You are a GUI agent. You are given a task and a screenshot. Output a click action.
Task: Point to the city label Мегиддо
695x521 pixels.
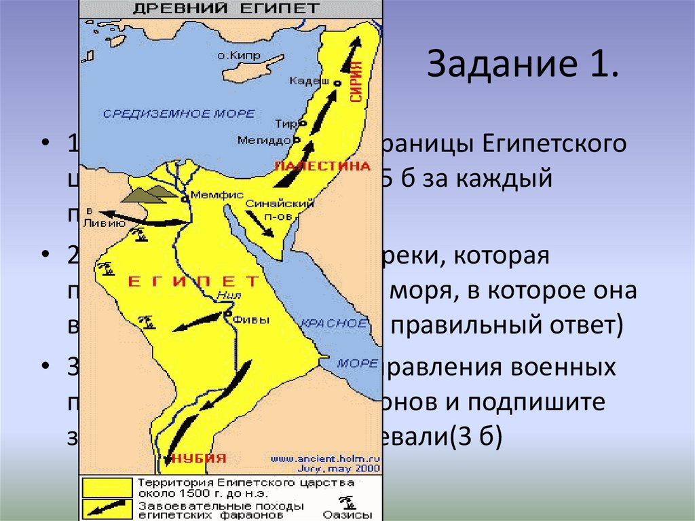263,140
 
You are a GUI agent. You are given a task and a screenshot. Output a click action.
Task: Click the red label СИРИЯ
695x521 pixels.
356,82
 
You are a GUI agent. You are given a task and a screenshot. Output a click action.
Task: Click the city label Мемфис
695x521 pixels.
217,194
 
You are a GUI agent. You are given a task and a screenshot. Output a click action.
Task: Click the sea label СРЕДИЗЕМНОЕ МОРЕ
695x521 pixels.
179,113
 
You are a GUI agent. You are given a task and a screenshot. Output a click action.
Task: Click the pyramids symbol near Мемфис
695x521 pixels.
151,195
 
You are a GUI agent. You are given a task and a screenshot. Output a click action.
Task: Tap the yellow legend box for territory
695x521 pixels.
107,487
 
